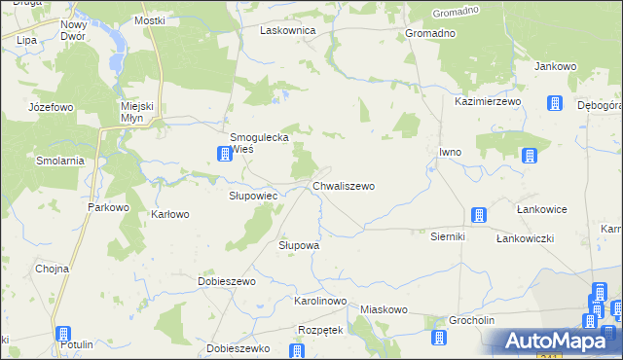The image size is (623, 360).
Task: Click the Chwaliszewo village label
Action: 343,185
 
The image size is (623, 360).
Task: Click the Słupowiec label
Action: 253,196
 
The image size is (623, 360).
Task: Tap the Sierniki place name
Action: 449,235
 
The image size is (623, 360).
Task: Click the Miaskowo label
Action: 383,309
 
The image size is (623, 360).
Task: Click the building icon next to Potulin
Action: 63,333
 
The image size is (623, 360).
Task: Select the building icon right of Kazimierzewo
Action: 554,103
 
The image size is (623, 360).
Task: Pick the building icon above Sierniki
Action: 478,215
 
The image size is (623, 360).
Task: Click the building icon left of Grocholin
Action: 437,337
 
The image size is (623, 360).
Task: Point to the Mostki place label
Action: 150,20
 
